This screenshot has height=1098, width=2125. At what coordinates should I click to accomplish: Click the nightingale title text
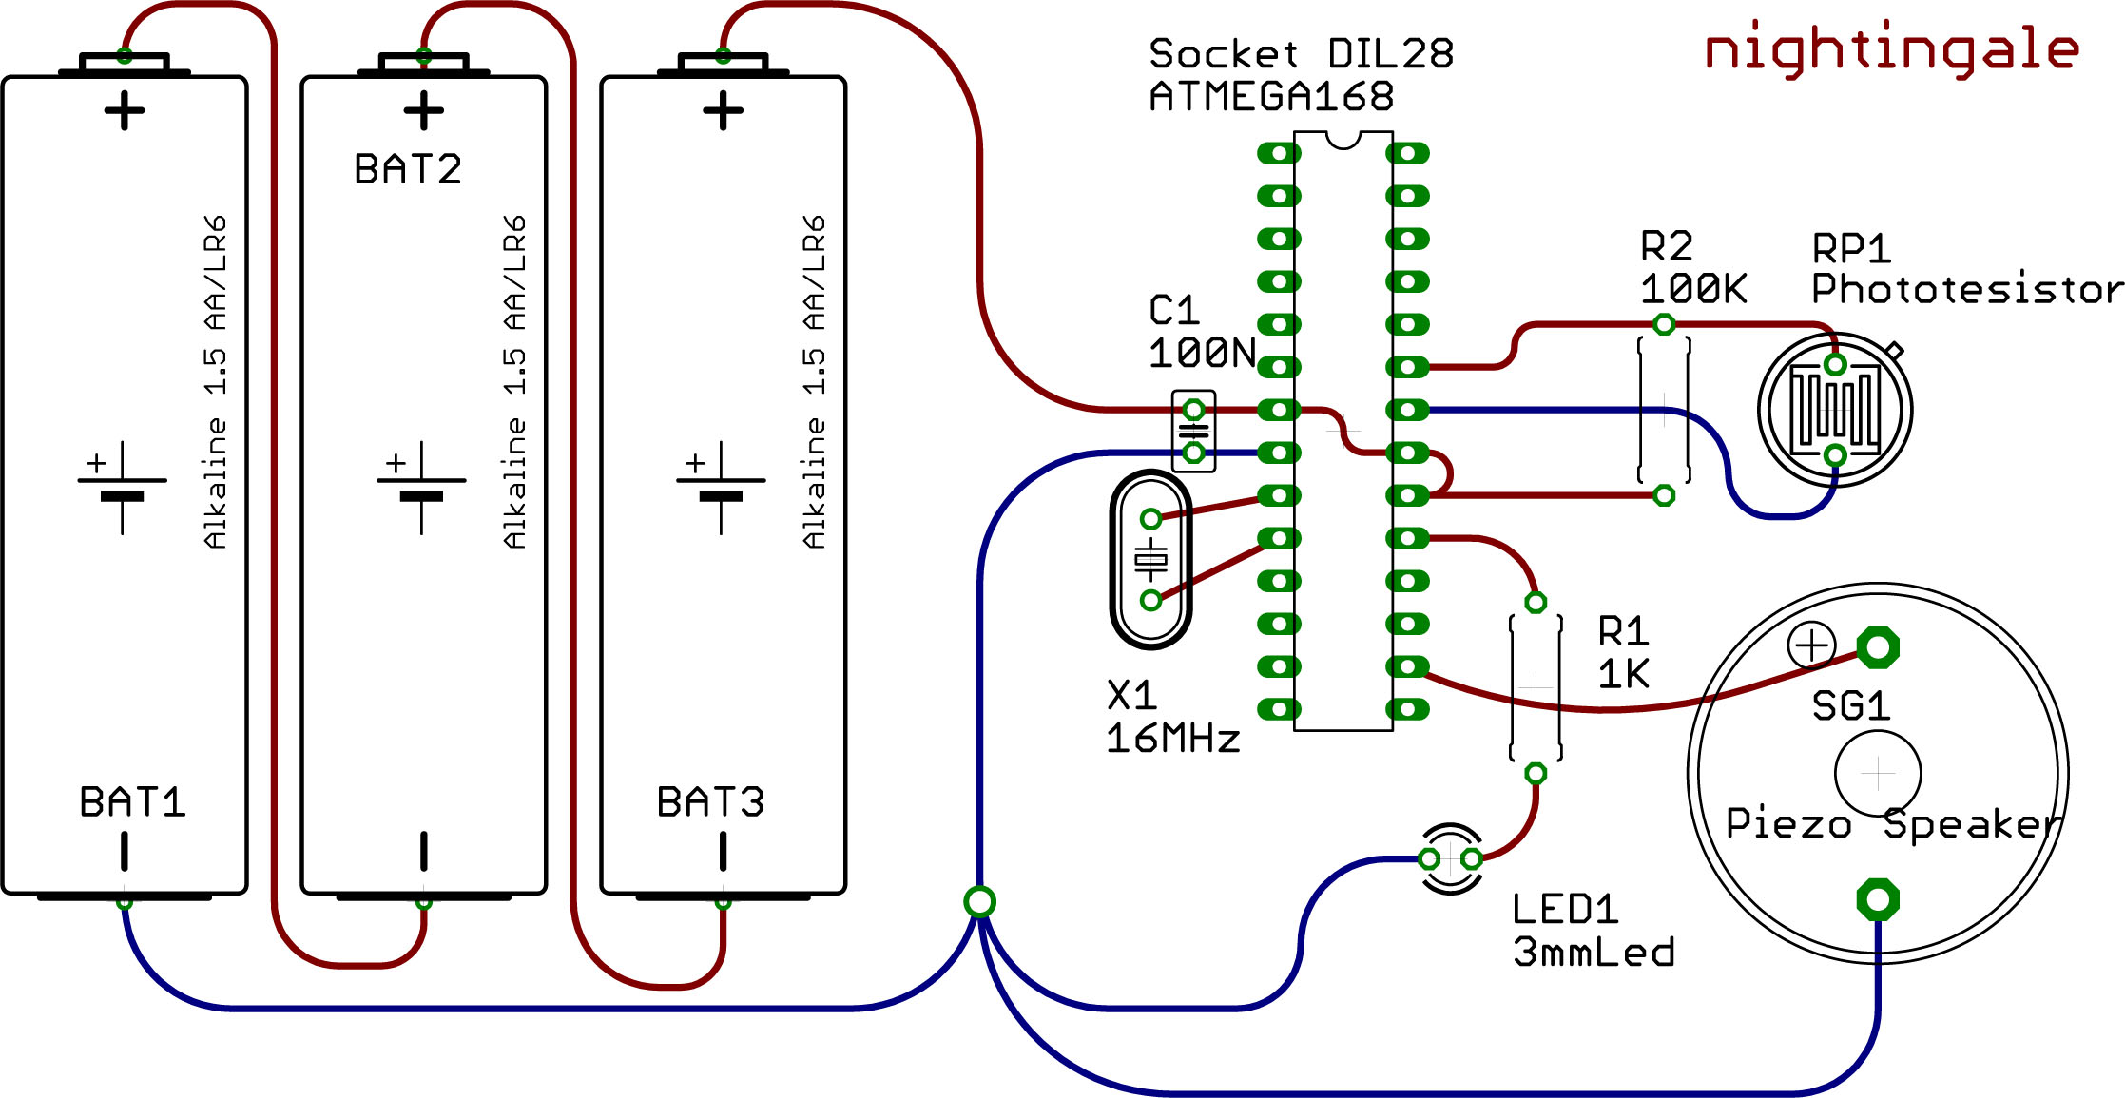[1891, 49]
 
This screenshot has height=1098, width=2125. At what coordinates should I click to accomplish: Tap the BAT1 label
[132, 802]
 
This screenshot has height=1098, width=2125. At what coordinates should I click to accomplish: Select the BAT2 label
[408, 169]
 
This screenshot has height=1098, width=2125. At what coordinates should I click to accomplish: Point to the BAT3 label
[710, 802]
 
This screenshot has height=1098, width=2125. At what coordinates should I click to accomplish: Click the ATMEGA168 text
[1271, 97]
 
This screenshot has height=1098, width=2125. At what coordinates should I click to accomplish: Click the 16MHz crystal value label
[1172, 739]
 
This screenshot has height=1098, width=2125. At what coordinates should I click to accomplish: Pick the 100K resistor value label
[1693, 289]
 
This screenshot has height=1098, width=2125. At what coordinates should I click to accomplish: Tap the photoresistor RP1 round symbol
[1835, 411]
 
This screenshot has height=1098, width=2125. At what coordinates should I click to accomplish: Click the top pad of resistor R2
[1664, 325]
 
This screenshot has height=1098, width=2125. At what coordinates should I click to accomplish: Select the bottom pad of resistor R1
[1536, 774]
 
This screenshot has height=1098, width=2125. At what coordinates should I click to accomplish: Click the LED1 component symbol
[1451, 859]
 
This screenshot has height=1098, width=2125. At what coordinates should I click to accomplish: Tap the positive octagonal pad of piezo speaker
[1878, 648]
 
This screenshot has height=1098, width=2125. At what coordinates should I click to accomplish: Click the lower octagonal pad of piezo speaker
[1878, 899]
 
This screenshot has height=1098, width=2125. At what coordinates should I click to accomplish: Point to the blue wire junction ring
[979, 901]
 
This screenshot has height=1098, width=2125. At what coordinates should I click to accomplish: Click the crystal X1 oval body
[1151, 560]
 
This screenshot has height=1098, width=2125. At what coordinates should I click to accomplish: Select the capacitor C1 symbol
[1193, 431]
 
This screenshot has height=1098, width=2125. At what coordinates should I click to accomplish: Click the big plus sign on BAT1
[125, 111]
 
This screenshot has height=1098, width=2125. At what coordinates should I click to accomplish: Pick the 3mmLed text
[1594, 953]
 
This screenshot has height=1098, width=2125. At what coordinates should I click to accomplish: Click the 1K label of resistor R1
[1623, 674]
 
